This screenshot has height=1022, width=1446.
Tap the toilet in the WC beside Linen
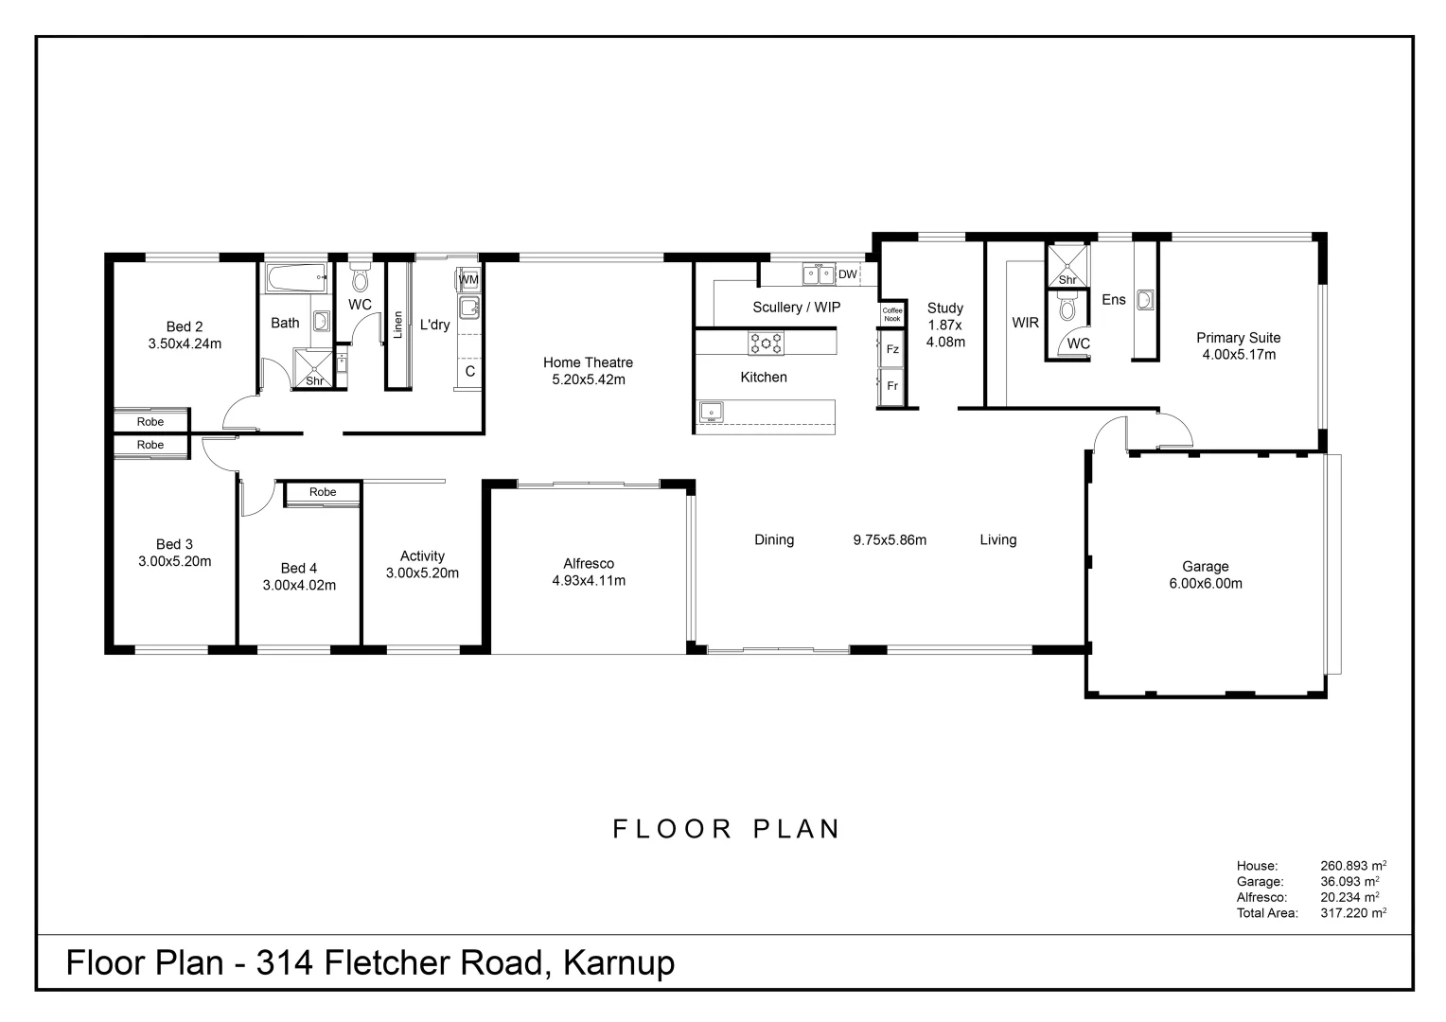[360, 279]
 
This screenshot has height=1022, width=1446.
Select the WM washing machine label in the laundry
[468, 280]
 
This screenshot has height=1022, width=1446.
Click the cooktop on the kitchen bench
[766, 343]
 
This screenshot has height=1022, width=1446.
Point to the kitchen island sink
[711, 412]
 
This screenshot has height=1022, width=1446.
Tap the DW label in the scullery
[847, 274]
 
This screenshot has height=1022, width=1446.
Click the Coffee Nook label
[891, 314]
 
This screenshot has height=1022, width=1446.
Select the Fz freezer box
[891, 349]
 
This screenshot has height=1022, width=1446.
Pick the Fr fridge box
[891, 386]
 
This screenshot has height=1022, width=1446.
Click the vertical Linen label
[397, 325]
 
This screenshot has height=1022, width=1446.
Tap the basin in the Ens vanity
[1145, 300]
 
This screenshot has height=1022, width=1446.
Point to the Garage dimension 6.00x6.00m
[1205, 584]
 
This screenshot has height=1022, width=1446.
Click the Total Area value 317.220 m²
[1353, 913]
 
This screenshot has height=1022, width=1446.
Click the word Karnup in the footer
[619, 963]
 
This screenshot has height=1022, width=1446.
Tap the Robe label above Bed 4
[323, 492]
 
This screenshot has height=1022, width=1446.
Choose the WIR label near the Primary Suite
[1025, 323]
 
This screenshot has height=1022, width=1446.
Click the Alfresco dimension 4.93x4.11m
[589, 581]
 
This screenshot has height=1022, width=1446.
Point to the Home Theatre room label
[588, 362]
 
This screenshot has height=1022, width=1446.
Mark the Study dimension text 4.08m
[945, 343]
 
